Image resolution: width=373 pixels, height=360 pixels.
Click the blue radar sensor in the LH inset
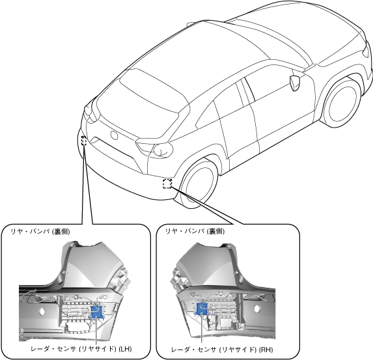(x=97, y=312)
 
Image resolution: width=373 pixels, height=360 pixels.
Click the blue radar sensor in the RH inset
(x=202, y=309)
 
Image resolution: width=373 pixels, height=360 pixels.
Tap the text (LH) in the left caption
(x=125, y=349)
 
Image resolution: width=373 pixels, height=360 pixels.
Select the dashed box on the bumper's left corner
(x=84, y=141)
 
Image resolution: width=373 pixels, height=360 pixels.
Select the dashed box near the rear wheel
(x=167, y=184)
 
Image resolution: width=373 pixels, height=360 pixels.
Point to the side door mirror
(x=295, y=83)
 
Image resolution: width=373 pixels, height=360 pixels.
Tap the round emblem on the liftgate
(x=115, y=135)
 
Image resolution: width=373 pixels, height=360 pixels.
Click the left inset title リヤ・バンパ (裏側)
(x=40, y=232)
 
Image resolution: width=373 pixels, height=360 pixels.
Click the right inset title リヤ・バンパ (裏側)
(x=195, y=231)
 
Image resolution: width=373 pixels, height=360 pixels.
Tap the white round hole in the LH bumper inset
(x=42, y=311)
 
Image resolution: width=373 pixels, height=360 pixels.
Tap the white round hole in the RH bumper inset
(x=257, y=309)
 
